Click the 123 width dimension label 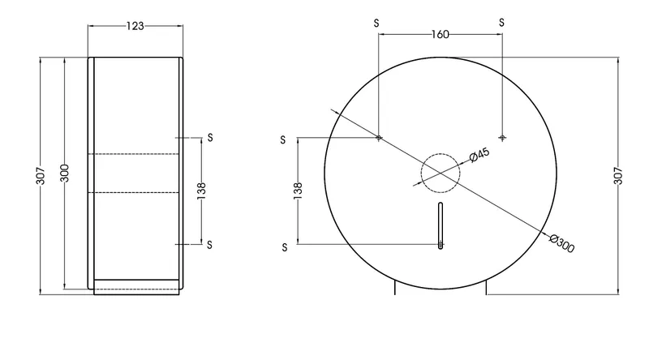(135, 26)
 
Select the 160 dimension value (440, 34)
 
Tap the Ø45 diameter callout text (479, 155)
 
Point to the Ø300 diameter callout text (562, 243)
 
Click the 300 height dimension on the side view (65, 173)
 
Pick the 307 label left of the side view (40, 175)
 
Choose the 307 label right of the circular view (618, 176)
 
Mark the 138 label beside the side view (201, 191)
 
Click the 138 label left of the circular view (298, 191)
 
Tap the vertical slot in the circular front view (441, 225)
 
